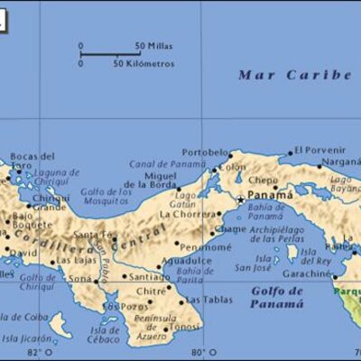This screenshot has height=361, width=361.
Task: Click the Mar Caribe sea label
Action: tap(293, 75)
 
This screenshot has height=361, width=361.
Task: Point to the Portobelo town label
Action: tap(205, 152)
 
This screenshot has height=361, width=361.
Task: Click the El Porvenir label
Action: tap(319, 151)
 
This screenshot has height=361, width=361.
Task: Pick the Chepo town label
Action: tap(264, 180)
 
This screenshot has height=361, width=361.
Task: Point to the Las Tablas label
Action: tap(211, 301)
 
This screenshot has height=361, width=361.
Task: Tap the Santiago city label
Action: tap(150, 277)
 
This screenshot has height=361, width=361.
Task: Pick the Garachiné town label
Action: tap(308, 273)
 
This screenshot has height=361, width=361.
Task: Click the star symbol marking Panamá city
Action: tap(240, 199)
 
